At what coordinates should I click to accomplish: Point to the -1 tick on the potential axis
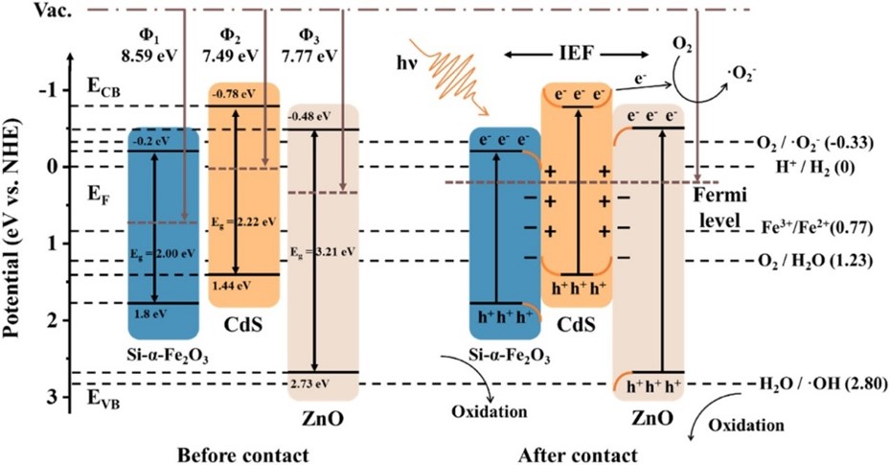tap(50, 90)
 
